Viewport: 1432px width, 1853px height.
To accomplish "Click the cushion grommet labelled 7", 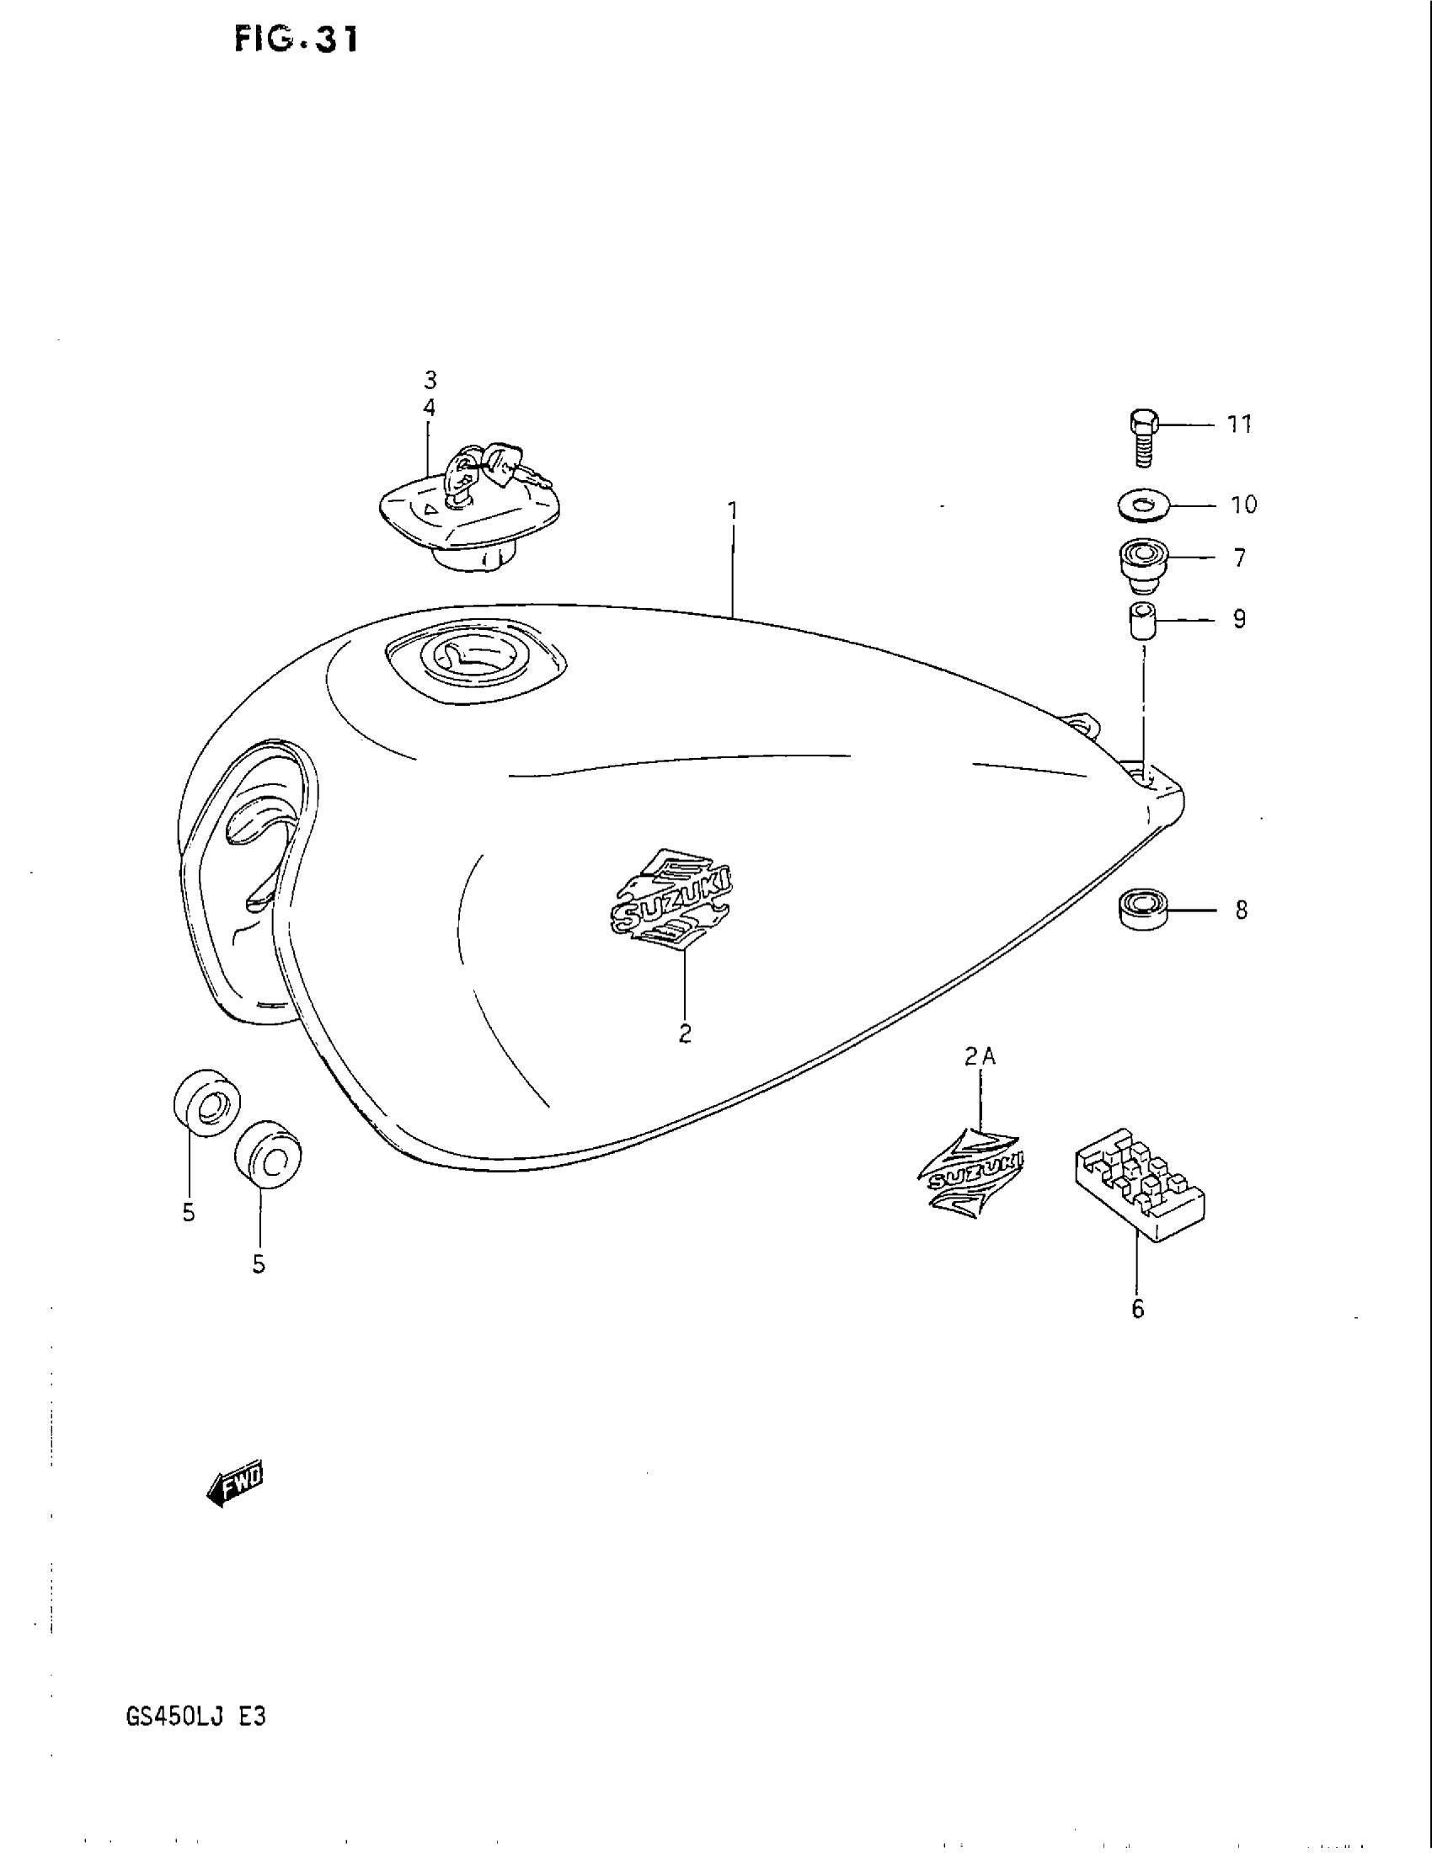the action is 1142,563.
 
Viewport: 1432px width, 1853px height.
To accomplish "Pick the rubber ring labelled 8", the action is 1142,908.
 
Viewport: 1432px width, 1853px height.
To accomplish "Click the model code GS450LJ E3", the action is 196,1717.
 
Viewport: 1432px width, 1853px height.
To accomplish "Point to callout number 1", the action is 733,510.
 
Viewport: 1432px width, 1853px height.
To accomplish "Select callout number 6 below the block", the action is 1138,1309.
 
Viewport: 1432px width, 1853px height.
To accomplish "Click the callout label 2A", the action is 980,1056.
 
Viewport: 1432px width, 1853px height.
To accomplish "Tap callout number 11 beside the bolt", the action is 1240,425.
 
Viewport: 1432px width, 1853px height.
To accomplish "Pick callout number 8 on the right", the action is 1241,910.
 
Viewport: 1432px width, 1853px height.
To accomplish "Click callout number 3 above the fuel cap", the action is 430,379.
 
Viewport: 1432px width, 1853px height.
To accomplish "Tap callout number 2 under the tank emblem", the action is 685,1033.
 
